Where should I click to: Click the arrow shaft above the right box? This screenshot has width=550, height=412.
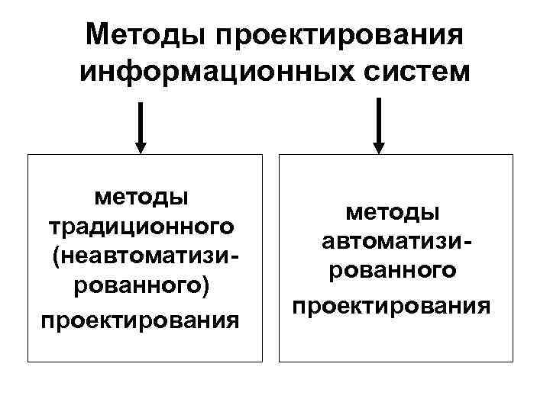380,120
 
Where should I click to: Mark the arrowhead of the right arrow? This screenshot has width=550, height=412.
380,147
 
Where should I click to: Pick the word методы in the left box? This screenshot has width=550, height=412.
141,197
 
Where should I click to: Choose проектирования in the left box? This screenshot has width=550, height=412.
141,319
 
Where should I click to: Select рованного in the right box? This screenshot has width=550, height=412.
392,272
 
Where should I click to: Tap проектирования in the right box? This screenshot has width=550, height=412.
392,304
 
